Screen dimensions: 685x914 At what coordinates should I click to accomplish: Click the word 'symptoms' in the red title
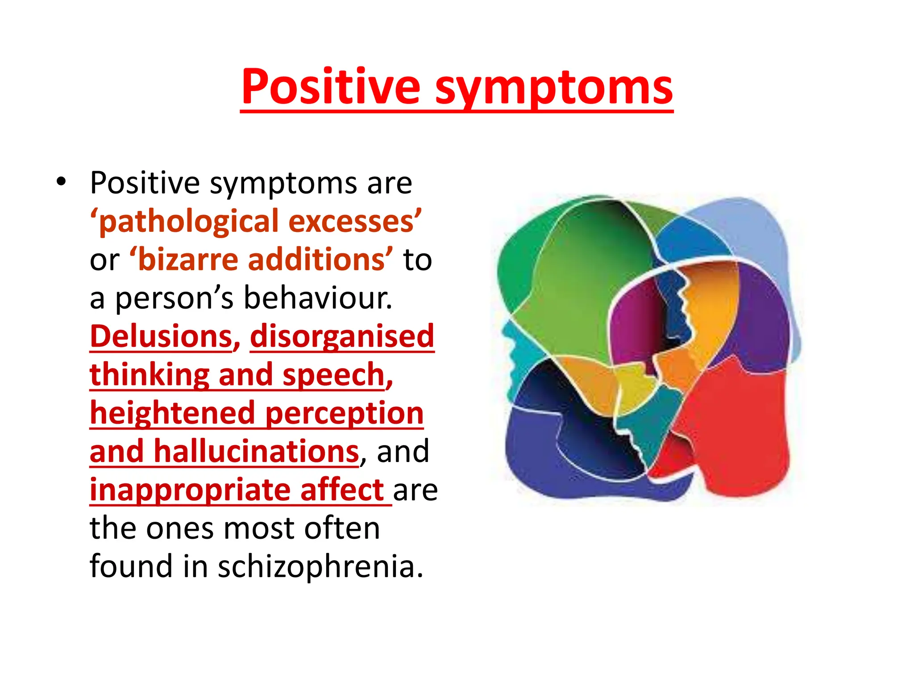(x=553, y=88)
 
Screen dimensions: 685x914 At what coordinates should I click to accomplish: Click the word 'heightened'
(x=172, y=413)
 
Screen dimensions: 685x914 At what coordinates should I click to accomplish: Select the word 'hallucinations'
(x=256, y=451)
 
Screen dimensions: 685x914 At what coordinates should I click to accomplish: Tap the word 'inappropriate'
(x=190, y=490)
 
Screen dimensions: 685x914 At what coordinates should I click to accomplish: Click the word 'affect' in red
(x=342, y=490)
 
